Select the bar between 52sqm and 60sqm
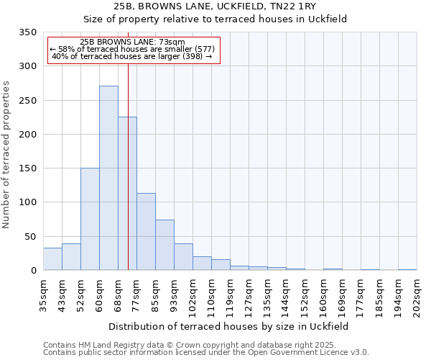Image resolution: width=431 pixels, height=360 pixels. (90, 219)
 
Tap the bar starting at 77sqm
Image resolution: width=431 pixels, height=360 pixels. (146, 232)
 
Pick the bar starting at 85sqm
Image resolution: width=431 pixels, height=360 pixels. (164, 245)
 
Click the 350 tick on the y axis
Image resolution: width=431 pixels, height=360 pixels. (27, 32)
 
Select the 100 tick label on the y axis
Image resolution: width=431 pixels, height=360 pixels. (27, 202)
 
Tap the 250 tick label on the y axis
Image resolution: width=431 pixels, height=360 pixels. (27, 101)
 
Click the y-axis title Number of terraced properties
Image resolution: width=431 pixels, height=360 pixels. (6, 154)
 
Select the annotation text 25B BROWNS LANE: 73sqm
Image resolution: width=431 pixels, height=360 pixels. (132, 42)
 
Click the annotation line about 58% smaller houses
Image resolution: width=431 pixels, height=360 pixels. (132, 49)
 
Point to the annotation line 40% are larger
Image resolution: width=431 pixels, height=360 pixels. (132, 56)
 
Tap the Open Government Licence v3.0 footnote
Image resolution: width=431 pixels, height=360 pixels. (206, 353)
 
